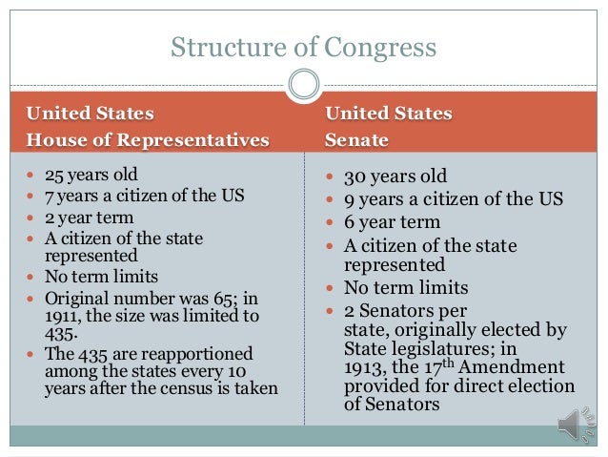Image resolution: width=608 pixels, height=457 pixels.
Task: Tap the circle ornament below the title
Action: (304, 84)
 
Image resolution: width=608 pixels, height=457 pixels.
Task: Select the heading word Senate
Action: (356, 140)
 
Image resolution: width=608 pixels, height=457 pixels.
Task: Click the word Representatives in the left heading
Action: (200, 140)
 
